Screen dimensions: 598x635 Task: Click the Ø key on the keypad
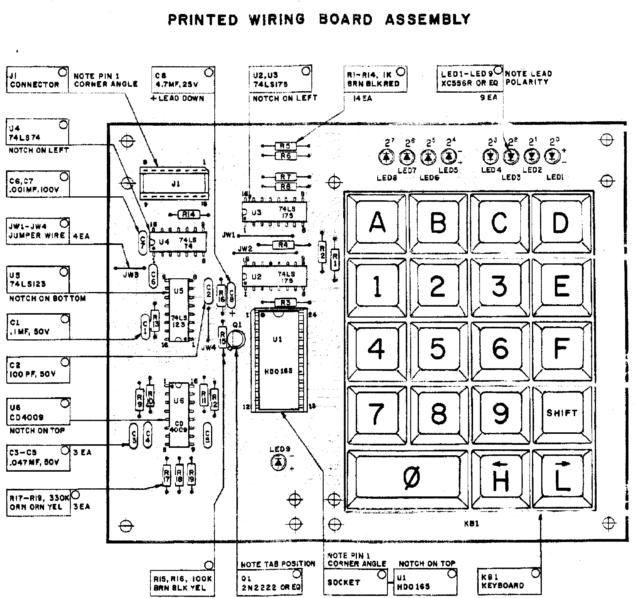coord(408,479)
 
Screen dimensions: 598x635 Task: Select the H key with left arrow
coord(500,479)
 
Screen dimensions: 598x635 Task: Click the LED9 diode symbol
coord(279,462)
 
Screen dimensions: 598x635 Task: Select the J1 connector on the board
coord(174,184)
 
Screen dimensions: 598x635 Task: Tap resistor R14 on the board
coord(189,215)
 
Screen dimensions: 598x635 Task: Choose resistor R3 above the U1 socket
coord(285,302)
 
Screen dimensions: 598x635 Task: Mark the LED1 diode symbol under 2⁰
coord(553,157)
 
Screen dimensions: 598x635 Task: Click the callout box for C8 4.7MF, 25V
coord(183,80)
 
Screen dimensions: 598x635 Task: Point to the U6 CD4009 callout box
coord(38,412)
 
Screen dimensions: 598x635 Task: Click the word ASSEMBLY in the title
coord(428,20)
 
